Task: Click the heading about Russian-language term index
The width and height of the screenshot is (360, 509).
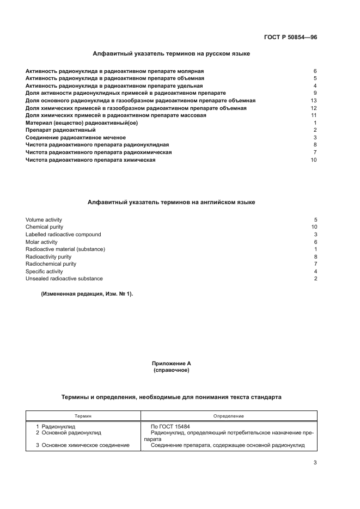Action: (x=172, y=54)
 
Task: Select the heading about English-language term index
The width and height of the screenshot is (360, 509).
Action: (x=172, y=202)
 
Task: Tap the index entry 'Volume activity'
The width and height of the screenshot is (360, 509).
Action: (x=44, y=220)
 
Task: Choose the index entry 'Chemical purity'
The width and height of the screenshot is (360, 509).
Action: (x=44, y=227)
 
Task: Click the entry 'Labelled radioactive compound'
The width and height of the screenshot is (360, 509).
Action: (x=63, y=235)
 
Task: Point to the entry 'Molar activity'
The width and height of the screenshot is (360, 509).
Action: (x=41, y=242)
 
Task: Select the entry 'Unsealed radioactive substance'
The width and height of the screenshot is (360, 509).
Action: (x=64, y=279)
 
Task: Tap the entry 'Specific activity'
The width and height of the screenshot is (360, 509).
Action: (x=44, y=271)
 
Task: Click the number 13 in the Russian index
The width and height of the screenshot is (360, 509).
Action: (x=313, y=101)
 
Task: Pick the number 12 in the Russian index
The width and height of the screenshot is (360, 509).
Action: (x=313, y=108)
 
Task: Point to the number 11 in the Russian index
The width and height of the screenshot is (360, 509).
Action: (x=313, y=115)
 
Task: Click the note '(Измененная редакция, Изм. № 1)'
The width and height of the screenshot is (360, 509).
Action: (x=87, y=295)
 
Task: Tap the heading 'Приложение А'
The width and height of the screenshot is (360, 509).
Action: (x=172, y=363)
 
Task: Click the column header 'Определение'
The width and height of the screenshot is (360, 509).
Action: (x=229, y=415)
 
